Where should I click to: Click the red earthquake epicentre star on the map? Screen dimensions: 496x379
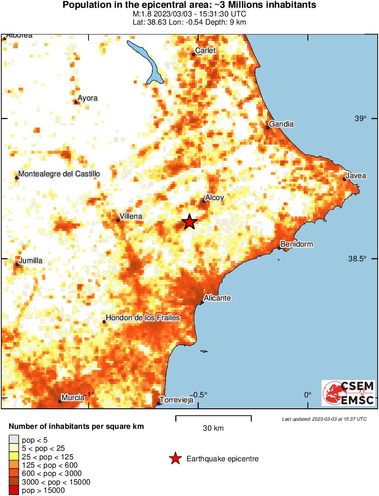point(189,222)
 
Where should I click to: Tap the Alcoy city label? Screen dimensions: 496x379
point(214,198)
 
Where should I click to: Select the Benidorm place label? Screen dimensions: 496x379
point(296,244)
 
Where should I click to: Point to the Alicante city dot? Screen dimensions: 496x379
point(202,302)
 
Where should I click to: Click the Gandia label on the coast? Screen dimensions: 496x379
point(281,124)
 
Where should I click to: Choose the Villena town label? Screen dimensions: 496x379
point(131,216)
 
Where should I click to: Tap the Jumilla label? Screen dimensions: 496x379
point(31,261)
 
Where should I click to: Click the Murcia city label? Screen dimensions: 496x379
point(73,398)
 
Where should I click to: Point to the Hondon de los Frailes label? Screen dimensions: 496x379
point(143,318)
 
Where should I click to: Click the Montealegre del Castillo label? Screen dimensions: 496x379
point(59,174)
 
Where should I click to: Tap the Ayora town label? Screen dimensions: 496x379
point(88,98)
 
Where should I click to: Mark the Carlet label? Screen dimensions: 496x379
point(205,51)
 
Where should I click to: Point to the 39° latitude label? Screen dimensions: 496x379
point(360,119)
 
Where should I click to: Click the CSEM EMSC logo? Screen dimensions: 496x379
point(349,393)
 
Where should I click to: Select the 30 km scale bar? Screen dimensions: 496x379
point(213,417)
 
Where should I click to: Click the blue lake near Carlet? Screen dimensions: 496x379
point(149,62)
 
